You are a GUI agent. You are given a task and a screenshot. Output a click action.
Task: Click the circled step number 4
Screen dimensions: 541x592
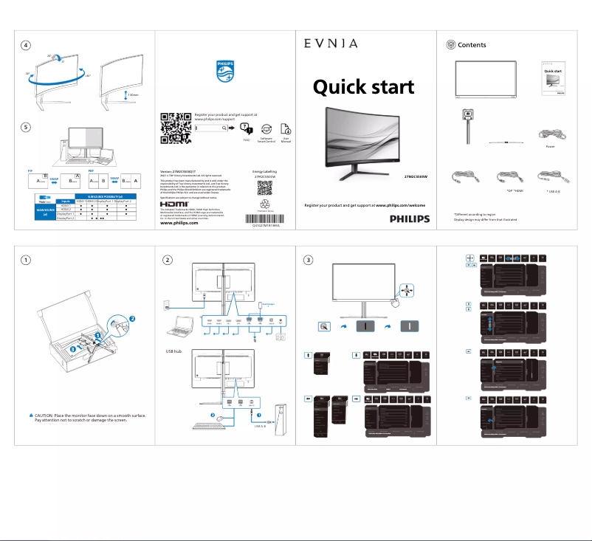tap(26, 45)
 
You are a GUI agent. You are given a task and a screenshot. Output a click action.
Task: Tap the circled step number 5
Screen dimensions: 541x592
tap(26, 126)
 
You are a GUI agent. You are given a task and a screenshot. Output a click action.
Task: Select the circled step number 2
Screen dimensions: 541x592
tap(169, 260)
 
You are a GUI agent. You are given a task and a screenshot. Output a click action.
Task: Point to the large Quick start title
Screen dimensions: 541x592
tap(364, 87)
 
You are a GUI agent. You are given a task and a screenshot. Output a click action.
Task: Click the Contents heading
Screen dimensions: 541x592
tap(472, 45)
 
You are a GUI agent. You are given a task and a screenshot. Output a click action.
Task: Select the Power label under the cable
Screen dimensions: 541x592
tap(550, 147)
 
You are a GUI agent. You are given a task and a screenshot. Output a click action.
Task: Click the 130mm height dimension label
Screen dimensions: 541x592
tap(134, 95)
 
